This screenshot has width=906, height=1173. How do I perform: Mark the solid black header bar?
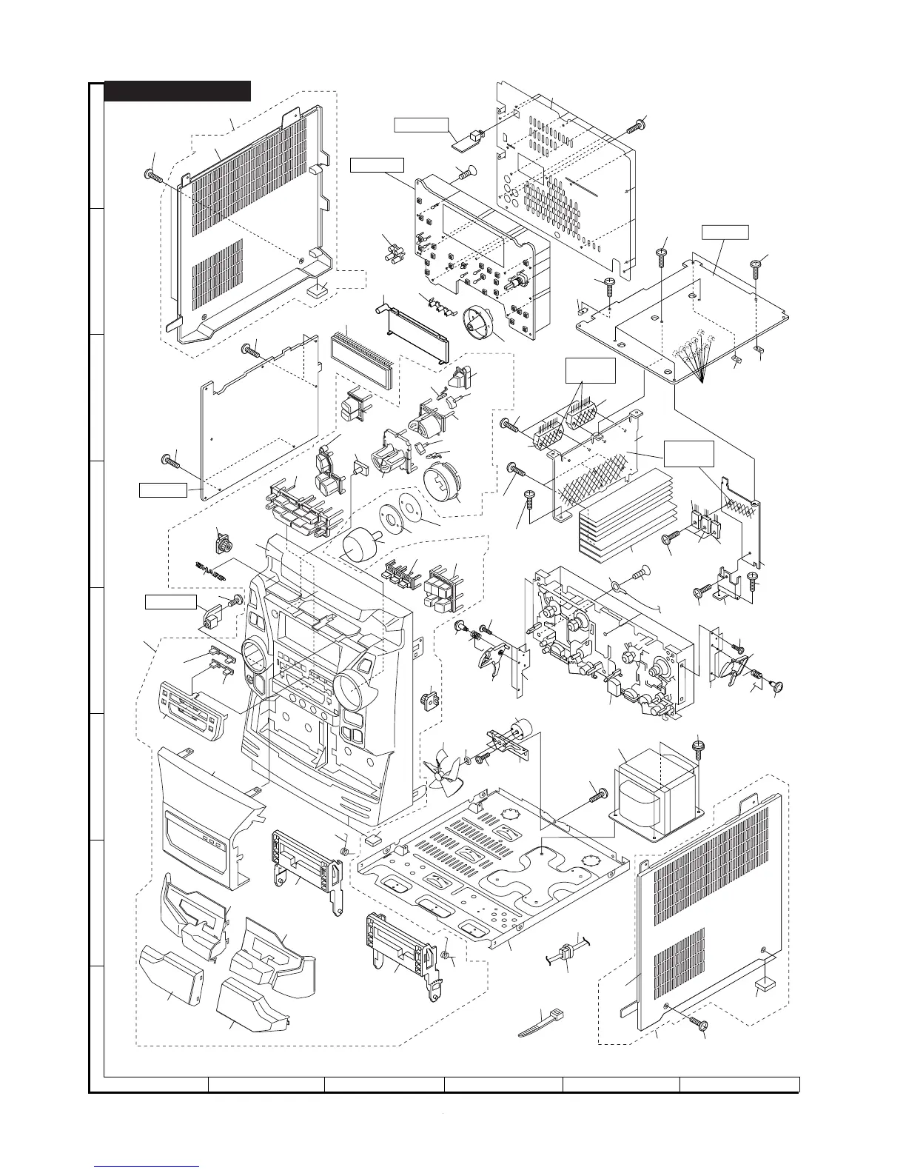click(178, 90)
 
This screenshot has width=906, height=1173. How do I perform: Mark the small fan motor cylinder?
click(525, 726)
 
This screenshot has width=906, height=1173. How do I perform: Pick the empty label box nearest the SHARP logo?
click(170, 602)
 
